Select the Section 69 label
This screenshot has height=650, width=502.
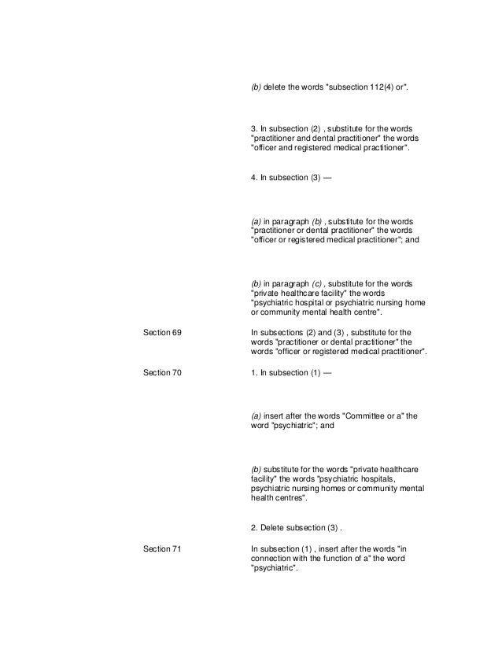pyautogui.click(x=162, y=334)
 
